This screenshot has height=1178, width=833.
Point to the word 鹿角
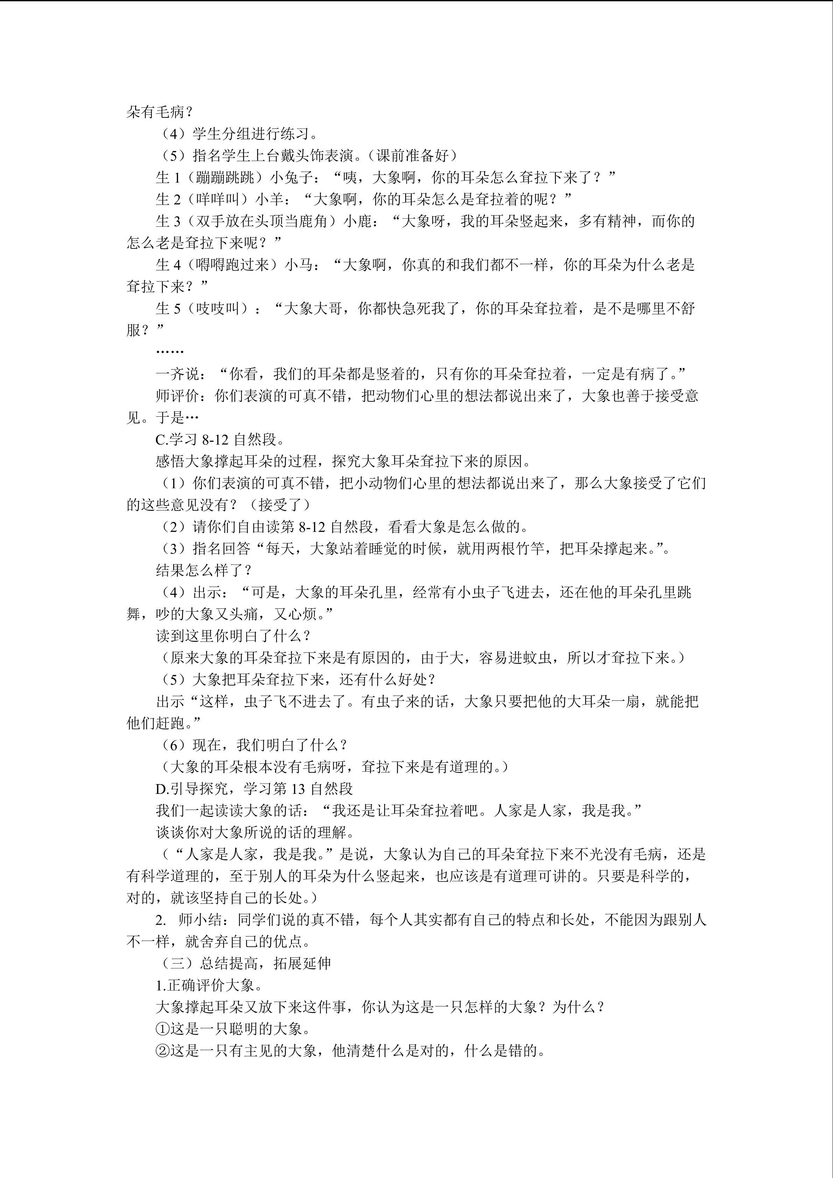coord(313,221)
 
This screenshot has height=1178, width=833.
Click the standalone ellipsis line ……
coord(169,352)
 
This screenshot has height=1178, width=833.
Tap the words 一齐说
coord(177,374)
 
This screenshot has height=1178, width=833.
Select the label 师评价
coord(177,396)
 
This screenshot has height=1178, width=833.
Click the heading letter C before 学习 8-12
coord(160,440)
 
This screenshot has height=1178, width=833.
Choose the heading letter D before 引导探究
coord(160,789)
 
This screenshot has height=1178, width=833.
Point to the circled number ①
coord(162,1029)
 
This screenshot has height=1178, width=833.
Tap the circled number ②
coord(162,1051)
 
